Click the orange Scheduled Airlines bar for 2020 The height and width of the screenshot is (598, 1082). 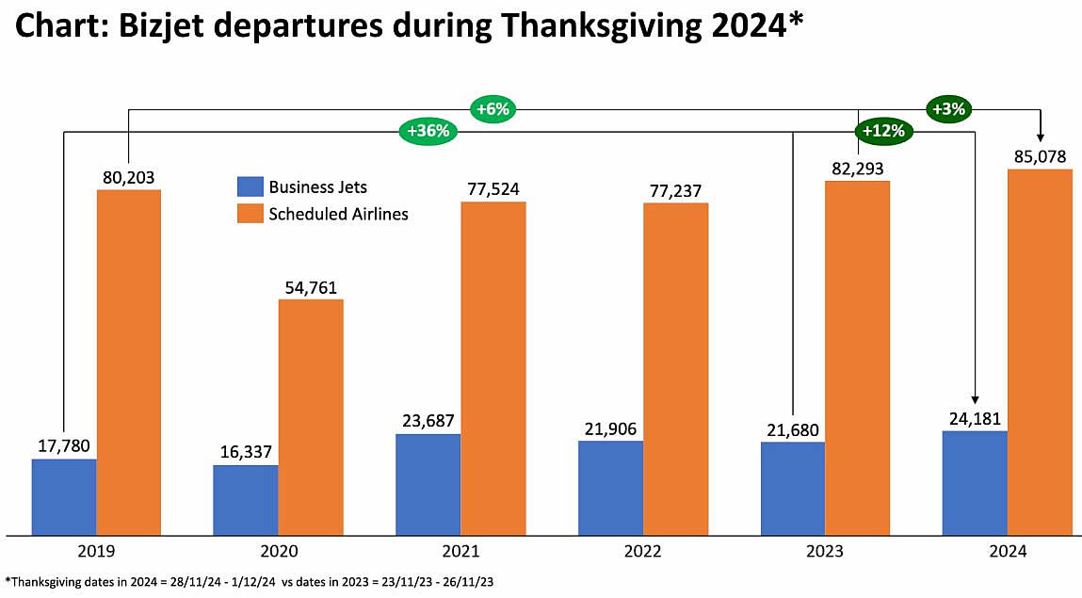[x=310, y=417]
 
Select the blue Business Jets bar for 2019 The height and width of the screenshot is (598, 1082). [x=64, y=496]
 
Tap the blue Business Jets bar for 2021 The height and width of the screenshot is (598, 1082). [x=428, y=484]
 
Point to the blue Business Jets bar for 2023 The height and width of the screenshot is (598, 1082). [x=793, y=488]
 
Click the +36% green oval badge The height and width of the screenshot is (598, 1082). [x=428, y=132]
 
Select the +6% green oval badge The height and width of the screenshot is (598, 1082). [x=493, y=109]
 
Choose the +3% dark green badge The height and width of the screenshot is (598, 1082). [x=947, y=108]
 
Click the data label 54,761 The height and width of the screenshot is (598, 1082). [x=310, y=287]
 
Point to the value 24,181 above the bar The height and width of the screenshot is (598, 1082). [x=975, y=417]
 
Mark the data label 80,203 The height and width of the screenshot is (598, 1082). [x=129, y=176]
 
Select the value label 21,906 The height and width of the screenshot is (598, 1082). [x=610, y=428]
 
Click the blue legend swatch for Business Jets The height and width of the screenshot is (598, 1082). [x=249, y=187]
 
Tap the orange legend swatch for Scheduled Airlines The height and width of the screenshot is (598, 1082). [x=249, y=214]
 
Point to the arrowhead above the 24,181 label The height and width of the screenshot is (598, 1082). [x=976, y=398]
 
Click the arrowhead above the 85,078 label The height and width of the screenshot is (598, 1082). [x=1041, y=135]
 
